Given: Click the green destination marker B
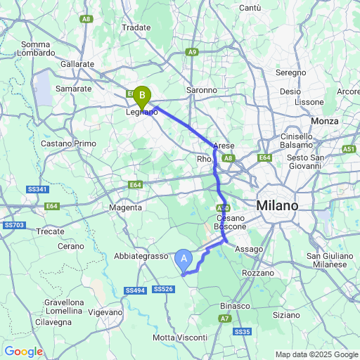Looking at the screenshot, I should point(142,94).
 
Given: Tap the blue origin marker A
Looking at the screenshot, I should point(184,259).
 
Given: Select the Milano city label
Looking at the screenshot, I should point(277,205).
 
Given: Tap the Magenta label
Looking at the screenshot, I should point(127,207).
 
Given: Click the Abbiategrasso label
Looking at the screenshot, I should point(139,257).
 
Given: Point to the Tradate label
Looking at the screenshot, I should point(137,27).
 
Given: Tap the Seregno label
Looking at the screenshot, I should point(290,72).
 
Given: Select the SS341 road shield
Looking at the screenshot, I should point(38,189).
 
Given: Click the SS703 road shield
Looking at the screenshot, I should point(13,225).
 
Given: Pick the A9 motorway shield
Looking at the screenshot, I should point(193,52).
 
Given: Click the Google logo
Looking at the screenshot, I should point(23,352).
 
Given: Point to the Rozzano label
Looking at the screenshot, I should point(257,272).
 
